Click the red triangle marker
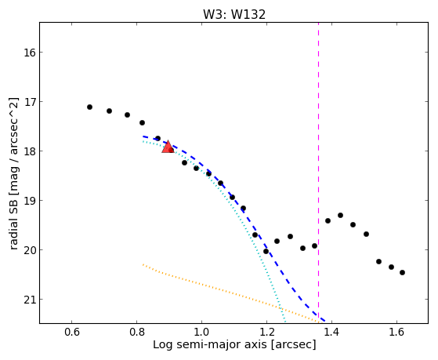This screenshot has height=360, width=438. point(168,147)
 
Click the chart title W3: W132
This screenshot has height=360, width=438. point(234,15)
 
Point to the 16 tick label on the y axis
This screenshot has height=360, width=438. point(29,53)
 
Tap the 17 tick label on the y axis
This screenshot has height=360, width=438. point(29,102)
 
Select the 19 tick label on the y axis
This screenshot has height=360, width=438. point(29,201)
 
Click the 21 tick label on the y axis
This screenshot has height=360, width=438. point(29,300)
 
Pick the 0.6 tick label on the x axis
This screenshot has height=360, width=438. point(72,332)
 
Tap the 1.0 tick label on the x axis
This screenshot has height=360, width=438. point(201,332)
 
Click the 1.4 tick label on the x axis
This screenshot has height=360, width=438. point(331,332)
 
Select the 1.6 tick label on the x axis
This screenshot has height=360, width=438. point(396,332)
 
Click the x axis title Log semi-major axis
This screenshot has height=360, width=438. point(209,344)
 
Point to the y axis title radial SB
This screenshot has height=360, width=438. point(13,224)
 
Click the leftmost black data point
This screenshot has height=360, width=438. point(89,107)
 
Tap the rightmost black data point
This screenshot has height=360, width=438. point(402,273)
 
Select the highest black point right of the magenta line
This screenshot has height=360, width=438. point(340,216)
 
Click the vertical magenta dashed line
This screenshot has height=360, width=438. point(318,173)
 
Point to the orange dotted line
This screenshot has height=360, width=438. point(230,293)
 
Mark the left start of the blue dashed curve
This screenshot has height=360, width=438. point(143,136)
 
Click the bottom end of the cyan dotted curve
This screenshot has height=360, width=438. point(284,322)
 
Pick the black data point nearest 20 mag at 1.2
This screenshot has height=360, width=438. point(266,252)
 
